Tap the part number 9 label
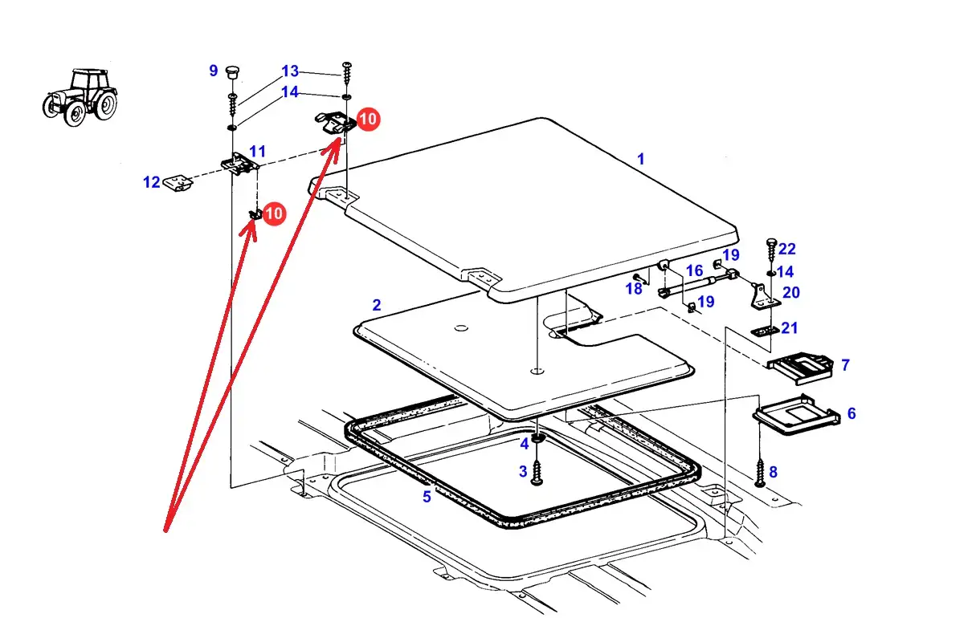tap(214, 71)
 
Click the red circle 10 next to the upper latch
tap(368, 120)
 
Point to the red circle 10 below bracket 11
tap(274, 213)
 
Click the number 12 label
tap(152, 183)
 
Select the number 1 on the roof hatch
tap(641, 159)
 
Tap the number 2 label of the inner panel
tap(377, 305)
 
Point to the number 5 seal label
tap(427, 497)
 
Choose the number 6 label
tap(852, 413)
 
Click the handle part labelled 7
tap(798, 367)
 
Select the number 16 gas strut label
tap(694, 271)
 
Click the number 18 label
tap(634, 289)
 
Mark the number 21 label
tap(790, 327)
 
